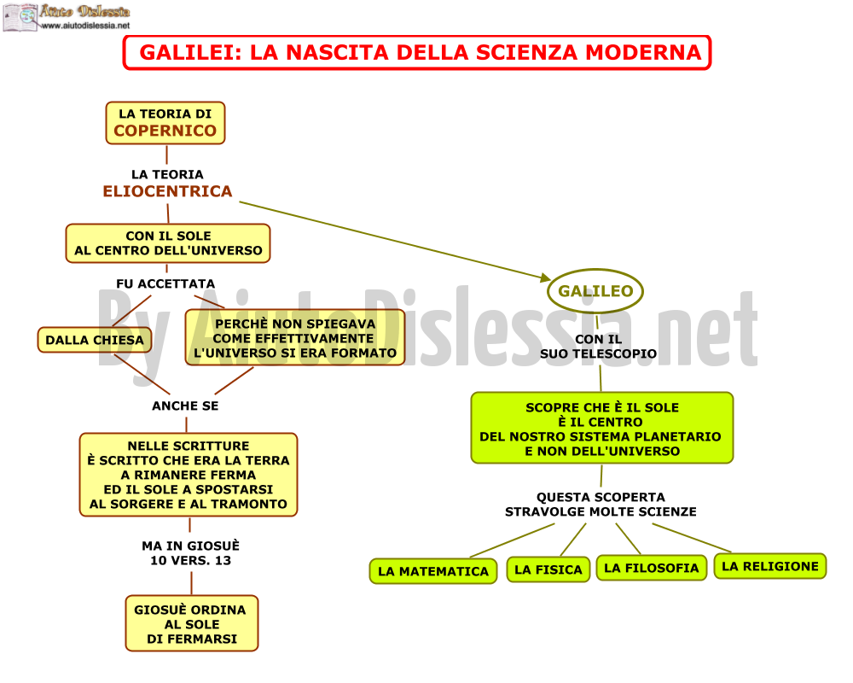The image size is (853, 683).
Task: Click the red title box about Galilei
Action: (x=417, y=53)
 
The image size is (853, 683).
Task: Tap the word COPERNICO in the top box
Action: (x=165, y=131)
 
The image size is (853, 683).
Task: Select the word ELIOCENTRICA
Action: (x=167, y=191)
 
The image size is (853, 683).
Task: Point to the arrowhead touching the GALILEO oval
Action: (x=546, y=277)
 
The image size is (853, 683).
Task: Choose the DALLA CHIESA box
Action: (x=95, y=340)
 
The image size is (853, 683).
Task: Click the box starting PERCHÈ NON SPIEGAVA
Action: (x=295, y=338)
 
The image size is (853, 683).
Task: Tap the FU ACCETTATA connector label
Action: (x=165, y=283)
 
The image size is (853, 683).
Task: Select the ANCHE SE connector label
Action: (x=185, y=406)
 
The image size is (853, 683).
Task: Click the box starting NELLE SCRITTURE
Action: (x=189, y=475)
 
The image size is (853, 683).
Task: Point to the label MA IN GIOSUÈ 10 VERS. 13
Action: (x=190, y=553)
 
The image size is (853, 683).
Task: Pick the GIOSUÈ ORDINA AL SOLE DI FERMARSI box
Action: (x=191, y=623)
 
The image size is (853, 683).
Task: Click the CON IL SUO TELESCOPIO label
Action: (x=599, y=347)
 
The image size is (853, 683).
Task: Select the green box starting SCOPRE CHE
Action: (x=602, y=428)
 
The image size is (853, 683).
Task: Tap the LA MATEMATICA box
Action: (x=433, y=571)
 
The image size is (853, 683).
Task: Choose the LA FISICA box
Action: (x=548, y=569)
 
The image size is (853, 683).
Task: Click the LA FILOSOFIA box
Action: (x=652, y=568)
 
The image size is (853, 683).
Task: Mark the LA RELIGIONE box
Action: (x=770, y=566)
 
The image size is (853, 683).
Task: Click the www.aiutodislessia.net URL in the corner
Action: (x=86, y=26)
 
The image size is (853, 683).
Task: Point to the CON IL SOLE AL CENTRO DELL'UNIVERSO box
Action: (x=168, y=243)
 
